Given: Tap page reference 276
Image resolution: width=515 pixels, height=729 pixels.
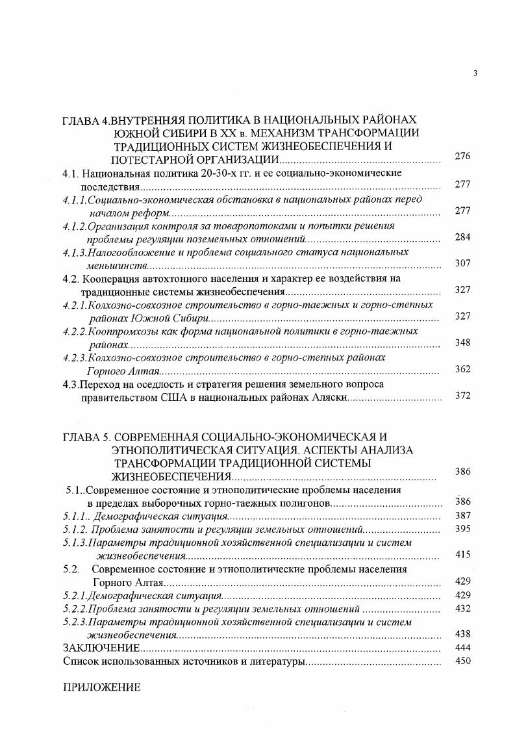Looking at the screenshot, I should click(462, 157).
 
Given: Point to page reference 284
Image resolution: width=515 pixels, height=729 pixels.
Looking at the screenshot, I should click(462, 237).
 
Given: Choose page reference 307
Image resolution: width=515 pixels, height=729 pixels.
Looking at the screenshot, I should click(462, 264).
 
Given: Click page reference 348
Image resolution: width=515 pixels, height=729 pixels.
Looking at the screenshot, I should click(462, 343).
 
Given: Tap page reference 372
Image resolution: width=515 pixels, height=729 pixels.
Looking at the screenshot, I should click(462, 396).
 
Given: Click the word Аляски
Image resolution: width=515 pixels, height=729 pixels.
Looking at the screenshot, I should click(331, 397).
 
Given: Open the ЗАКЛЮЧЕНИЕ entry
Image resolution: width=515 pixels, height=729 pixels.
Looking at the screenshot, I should click(101, 648).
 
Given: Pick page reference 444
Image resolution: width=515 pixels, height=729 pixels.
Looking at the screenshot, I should click(462, 648).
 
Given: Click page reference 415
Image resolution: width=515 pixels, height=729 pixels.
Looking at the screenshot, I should click(462, 555).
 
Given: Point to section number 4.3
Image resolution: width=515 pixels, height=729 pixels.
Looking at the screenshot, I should click(71, 384).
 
